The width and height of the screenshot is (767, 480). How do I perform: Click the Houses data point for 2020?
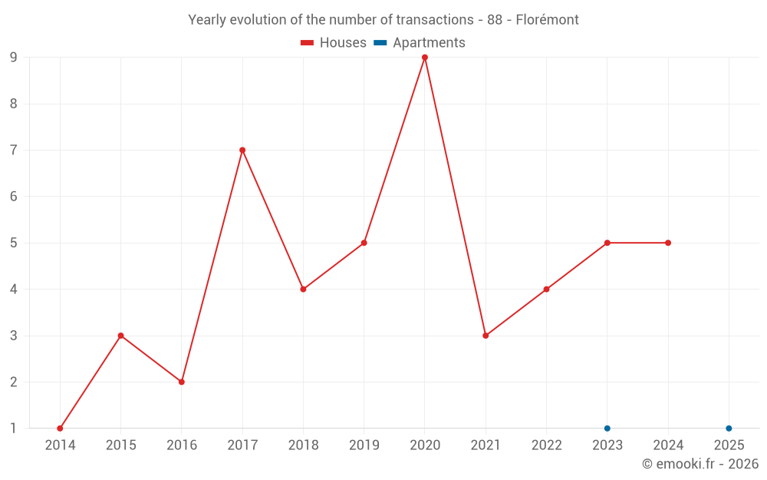pos(425,58)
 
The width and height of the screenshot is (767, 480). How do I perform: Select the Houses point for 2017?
pos(242,151)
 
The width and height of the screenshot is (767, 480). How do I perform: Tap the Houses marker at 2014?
pos(60,429)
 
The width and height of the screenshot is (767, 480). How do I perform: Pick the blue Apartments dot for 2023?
pos(607,429)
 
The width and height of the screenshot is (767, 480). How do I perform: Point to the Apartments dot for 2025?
pos(729,429)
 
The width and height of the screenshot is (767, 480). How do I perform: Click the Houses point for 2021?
pos(486,336)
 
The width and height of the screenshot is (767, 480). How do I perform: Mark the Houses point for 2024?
pos(668,243)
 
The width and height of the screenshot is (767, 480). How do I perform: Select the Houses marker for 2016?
pos(182,382)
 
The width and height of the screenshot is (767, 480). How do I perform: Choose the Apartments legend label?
pos(429,43)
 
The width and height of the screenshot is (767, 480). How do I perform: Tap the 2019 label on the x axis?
pos(364,445)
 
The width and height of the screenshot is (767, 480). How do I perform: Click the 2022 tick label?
pos(546,445)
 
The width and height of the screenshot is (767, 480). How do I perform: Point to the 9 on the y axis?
pos(13,58)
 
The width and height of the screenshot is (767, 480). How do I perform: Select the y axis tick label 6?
pos(13,197)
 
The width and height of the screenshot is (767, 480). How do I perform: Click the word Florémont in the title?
pos(548,20)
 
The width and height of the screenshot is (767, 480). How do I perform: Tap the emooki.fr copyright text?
pos(700,464)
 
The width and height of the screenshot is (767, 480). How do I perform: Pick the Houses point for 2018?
pos(303,290)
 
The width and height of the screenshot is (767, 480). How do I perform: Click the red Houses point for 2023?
pos(607,243)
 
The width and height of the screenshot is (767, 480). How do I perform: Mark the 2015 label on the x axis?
pos(120,445)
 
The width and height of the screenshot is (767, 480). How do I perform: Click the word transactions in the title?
pos(436,20)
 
